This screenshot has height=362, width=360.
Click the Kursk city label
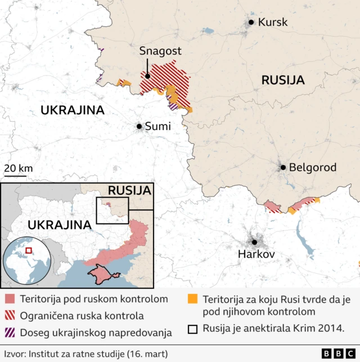point(272,23)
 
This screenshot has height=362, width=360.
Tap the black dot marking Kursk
point(251,23)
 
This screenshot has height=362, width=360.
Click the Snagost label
point(160,51)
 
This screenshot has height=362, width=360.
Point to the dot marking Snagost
point(147,76)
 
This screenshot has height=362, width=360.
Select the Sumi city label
point(157,127)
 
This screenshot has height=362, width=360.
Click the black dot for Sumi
point(139,127)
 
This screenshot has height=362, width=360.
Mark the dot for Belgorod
point(283,167)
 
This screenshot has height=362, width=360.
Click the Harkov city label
point(256,255)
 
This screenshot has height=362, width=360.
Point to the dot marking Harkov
point(254,242)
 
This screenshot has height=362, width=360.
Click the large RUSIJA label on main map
point(283,81)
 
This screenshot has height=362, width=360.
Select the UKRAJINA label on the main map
point(73,110)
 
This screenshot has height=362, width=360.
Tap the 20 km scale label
point(18,168)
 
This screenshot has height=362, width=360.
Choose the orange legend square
point(193,299)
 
